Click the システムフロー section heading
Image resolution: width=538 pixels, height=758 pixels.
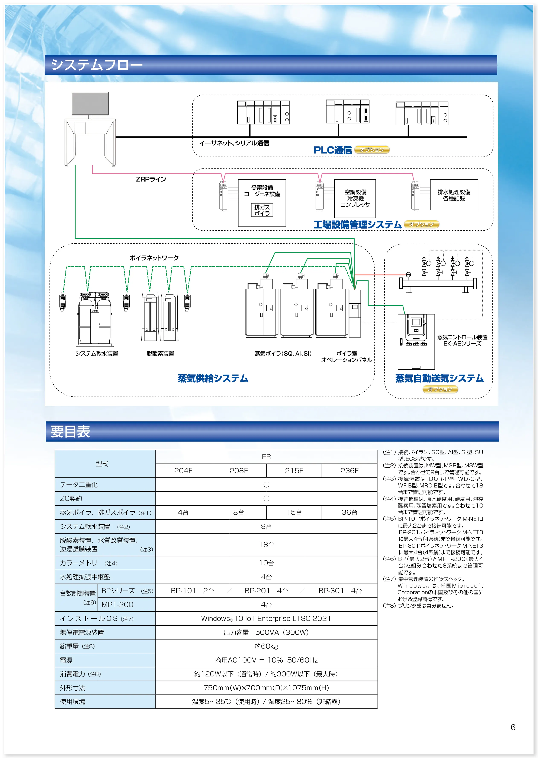tap(97, 65)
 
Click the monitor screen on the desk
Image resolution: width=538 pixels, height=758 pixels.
tap(90, 104)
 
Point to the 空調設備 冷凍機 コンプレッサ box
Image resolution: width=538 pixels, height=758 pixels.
tap(355, 198)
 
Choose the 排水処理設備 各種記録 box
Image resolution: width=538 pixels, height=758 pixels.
tap(454, 195)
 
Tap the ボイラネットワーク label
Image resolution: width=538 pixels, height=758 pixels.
tap(154, 258)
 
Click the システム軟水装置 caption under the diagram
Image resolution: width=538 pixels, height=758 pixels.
tap(97, 354)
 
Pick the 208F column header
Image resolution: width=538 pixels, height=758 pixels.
tap(239, 471)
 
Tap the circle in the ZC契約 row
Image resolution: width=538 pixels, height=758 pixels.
tap(266, 499)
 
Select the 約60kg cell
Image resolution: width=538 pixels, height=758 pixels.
tap(266, 646)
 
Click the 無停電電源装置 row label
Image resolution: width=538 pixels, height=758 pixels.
tap(82, 633)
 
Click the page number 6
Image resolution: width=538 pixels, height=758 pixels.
tap(513, 727)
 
